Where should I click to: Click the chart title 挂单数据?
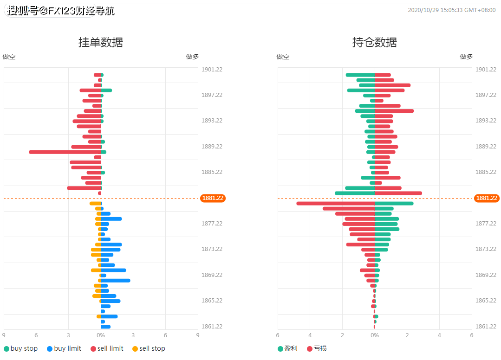[101, 43]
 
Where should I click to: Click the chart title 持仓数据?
[375, 43]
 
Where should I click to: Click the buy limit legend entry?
[64, 348]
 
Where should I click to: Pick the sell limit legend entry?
[107, 348]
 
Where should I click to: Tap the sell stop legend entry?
[149, 348]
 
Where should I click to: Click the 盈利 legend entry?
[287, 348]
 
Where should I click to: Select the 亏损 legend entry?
[317, 348]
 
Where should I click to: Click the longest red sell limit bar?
[65, 152]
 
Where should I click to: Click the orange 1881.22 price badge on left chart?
[213, 198]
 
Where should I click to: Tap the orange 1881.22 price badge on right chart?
[487, 198]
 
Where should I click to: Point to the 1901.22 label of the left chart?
[212, 70]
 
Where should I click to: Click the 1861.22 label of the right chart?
[486, 326]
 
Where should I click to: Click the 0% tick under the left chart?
[101, 335]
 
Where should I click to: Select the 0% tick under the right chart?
[375, 335]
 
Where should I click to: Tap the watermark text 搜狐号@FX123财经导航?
[61, 11]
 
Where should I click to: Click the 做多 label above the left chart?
[192, 57]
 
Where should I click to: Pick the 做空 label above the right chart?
[283, 57]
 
